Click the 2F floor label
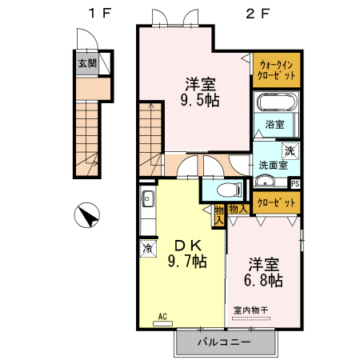click(258, 14)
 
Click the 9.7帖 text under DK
click(187, 261)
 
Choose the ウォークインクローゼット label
click(276, 70)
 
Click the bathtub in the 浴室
click(276, 103)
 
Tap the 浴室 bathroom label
click(275, 125)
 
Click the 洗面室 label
click(272, 166)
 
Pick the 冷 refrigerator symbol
click(147, 249)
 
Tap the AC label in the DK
click(162, 315)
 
